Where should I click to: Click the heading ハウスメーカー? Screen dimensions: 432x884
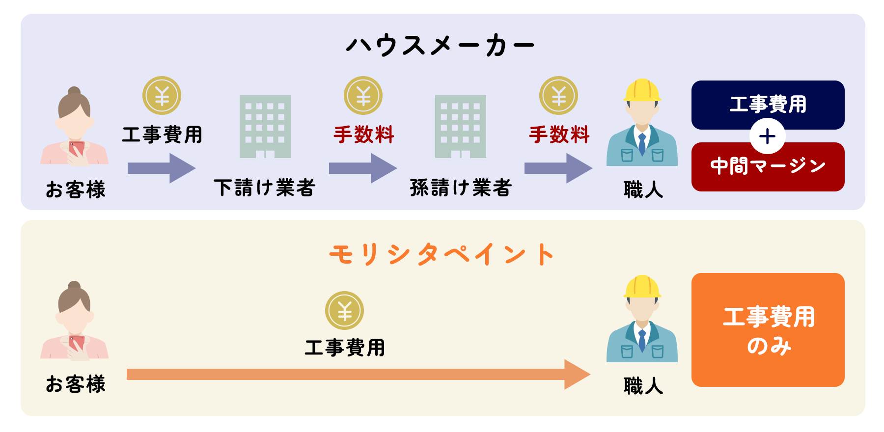(x=440, y=45)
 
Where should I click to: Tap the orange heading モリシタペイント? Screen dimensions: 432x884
(x=442, y=254)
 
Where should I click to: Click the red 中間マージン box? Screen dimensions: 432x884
(x=768, y=169)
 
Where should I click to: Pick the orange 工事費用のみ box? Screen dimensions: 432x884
(x=768, y=330)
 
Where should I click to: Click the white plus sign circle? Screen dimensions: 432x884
(x=767, y=136)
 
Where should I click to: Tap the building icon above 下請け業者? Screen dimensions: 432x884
(x=265, y=127)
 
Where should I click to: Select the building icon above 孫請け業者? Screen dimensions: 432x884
(x=461, y=127)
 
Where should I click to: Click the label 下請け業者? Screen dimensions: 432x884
(x=264, y=188)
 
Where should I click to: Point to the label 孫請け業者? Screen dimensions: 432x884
(x=461, y=188)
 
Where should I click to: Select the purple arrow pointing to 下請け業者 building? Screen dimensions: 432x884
(x=162, y=168)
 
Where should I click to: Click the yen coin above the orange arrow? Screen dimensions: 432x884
(x=344, y=310)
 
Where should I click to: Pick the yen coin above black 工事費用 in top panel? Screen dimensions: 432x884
(x=162, y=95)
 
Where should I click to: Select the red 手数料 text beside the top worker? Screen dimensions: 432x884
(x=559, y=135)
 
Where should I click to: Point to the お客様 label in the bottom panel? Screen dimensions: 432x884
(x=76, y=384)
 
